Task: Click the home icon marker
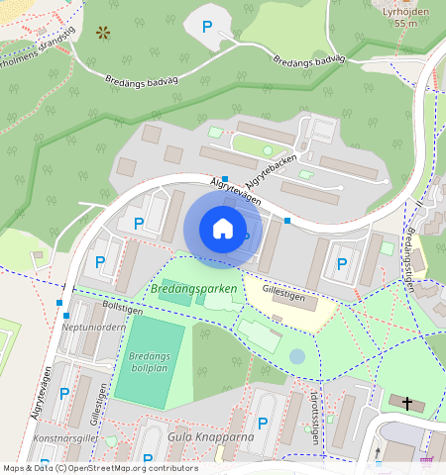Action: [x=223, y=229]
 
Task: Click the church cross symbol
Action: [x=406, y=402]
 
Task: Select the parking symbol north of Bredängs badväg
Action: [x=206, y=27]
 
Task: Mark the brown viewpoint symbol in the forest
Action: [x=102, y=33]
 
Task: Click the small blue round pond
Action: [x=297, y=356]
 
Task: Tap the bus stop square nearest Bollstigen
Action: [x=60, y=303]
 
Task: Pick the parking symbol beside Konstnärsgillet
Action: [x=64, y=393]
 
